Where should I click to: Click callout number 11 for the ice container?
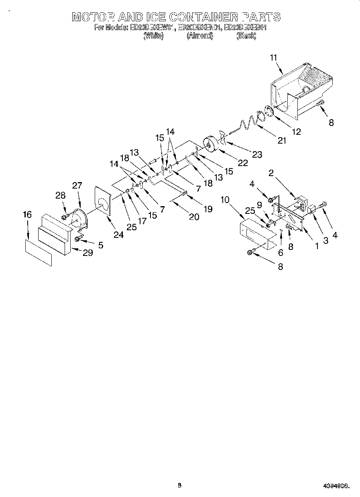click(273, 57)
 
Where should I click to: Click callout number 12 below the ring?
click(296, 131)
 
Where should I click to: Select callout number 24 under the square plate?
click(118, 235)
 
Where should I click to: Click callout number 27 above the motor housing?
click(77, 185)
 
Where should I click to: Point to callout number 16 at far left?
click(27, 215)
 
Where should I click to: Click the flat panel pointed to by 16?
click(39, 253)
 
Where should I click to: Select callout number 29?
click(88, 253)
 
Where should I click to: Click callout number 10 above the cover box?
click(225, 199)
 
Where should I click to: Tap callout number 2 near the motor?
click(271, 173)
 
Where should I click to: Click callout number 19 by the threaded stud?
click(208, 209)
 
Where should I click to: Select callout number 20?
click(194, 217)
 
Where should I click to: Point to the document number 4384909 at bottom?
click(336, 486)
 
